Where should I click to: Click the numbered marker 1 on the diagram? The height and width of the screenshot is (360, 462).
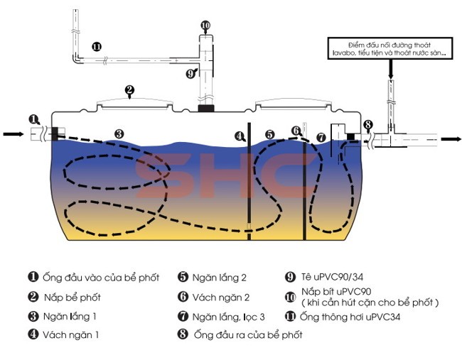pyautogui.click(x=34, y=119)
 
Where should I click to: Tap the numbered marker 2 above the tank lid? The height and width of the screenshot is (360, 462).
pyautogui.click(x=129, y=90)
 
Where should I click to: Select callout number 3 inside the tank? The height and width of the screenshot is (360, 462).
pyautogui.click(x=119, y=133)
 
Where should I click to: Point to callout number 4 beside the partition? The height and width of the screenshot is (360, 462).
pyautogui.click(x=240, y=135)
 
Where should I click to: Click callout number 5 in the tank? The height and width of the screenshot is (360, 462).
pyautogui.click(x=269, y=134)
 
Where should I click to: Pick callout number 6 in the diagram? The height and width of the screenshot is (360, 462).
pyautogui.click(x=296, y=131)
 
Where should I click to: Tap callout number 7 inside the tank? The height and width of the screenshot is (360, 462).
pyautogui.click(x=321, y=137)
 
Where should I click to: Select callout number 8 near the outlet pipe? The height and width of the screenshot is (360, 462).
pyautogui.click(x=367, y=126)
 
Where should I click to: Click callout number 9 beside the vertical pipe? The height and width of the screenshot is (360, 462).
pyautogui.click(x=190, y=72)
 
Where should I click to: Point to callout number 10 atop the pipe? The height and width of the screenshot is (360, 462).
pyautogui.click(x=205, y=26)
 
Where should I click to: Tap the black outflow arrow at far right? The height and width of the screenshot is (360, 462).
pyautogui.click(x=451, y=138)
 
